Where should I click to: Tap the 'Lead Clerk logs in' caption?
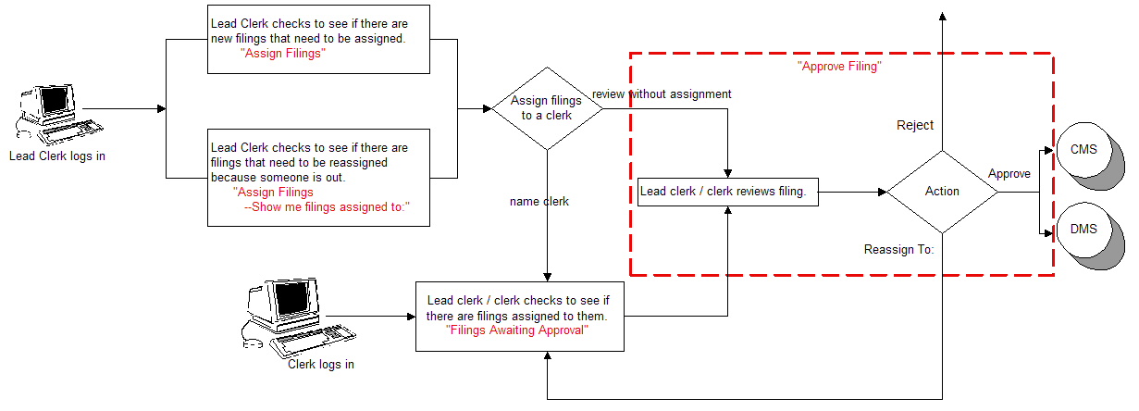57,156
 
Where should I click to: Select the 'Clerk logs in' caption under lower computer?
321,364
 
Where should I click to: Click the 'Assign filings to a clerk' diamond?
547,108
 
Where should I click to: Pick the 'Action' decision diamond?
942,192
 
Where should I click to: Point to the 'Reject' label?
915,125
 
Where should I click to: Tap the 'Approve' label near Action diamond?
1009,173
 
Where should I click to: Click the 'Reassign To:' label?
898,249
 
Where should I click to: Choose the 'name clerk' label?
539,201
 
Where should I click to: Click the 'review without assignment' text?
662,93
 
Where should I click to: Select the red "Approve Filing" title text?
838,67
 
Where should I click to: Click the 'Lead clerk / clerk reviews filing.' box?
728,193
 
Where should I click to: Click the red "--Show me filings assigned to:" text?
326,207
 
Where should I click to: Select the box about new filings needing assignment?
319,40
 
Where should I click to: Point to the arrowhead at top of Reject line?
942,16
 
